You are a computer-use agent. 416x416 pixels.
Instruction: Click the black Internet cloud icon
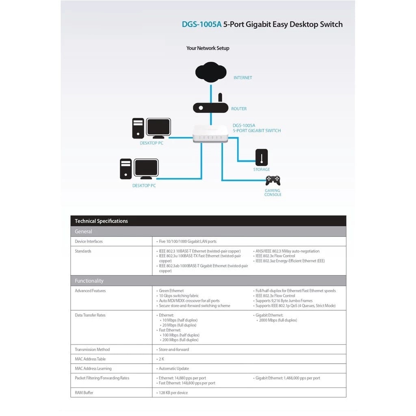point(211,72)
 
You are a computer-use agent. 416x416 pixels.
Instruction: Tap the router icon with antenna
point(210,107)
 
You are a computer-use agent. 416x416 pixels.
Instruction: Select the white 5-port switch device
point(210,134)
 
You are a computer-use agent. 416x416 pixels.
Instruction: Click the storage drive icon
point(262,157)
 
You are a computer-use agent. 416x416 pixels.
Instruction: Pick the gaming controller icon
point(273,180)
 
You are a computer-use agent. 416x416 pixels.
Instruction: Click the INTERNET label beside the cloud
point(243,78)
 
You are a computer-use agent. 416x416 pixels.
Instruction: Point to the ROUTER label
point(239,109)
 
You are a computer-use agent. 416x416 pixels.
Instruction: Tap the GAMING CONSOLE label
point(273,193)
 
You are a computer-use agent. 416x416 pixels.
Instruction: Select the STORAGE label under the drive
point(262,169)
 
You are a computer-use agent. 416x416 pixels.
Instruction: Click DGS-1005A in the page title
point(201,24)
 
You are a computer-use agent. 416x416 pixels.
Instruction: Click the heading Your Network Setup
point(208,48)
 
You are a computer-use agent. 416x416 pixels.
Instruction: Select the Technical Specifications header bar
point(208,221)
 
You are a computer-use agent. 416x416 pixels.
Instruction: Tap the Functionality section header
point(89,281)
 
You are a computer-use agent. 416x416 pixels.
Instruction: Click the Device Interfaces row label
point(89,241)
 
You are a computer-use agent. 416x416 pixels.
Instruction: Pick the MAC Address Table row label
point(90,359)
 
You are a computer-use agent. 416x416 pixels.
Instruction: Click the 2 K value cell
point(161,359)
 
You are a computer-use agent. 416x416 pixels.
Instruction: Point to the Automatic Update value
point(173,368)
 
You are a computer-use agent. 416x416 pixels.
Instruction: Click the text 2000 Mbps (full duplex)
point(278,320)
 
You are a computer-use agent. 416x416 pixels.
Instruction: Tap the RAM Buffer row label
point(84,393)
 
